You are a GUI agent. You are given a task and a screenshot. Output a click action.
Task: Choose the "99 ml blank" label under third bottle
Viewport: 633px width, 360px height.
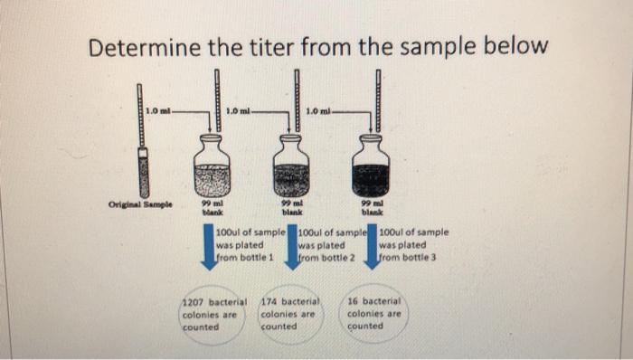(371, 210)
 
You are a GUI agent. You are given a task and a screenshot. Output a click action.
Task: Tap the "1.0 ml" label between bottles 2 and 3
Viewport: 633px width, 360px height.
(318, 111)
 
